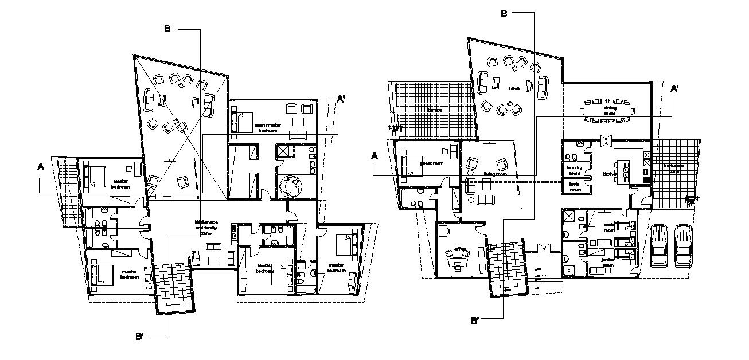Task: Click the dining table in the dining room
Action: coord(609,109)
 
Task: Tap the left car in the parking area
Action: coord(660,245)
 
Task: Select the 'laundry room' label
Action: coord(574,170)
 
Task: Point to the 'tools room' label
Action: coord(574,186)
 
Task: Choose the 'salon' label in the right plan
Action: coord(513,88)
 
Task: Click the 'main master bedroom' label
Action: coord(268,127)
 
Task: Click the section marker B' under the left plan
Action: coord(139,336)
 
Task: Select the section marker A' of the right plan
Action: coord(675,89)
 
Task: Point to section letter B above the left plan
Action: coord(167,29)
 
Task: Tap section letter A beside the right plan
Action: coord(374,155)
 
